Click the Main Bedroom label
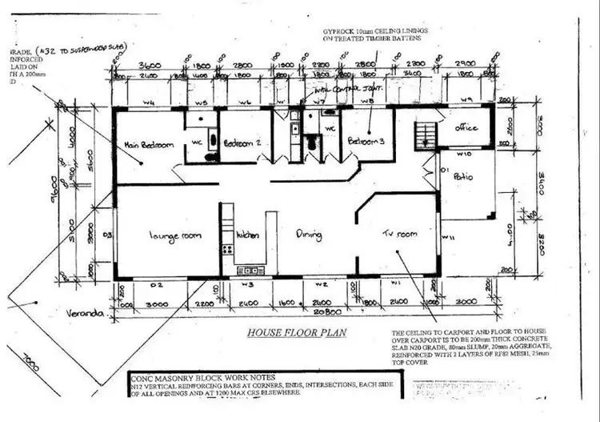click(149, 146)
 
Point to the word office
click(466, 127)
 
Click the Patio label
click(463, 176)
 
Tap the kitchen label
click(247, 236)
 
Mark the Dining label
click(309, 235)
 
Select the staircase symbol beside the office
click(426, 133)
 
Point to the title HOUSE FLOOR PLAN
click(297, 332)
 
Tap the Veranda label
click(87, 313)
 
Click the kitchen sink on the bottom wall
click(250, 271)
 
